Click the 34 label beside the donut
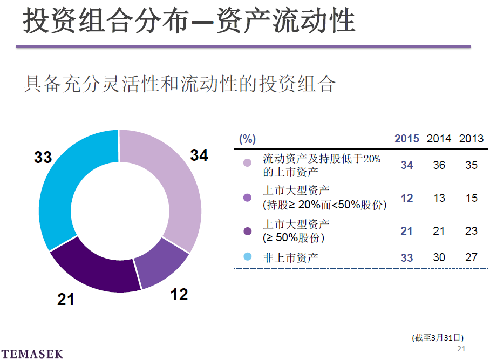pyautogui.click(x=199, y=155)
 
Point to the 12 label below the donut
pyautogui.click(x=179, y=295)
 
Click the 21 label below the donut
pyautogui.click(x=66, y=299)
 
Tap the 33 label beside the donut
pyautogui.click(x=43, y=158)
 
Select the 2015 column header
pyautogui.click(x=406, y=139)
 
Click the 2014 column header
pyautogui.click(x=439, y=139)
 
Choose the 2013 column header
pyautogui.click(x=471, y=139)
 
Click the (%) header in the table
pyautogui.click(x=247, y=139)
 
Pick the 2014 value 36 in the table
pyautogui.click(x=439, y=165)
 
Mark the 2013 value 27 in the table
pyautogui.click(x=471, y=257)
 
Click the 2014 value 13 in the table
pyautogui.click(x=439, y=198)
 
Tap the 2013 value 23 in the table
pyautogui.click(x=471, y=231)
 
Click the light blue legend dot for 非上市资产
pyautogui.click(x=248, y=257)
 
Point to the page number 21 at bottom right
pyautogui.click(x=461, y=349)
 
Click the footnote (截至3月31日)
pyautogui.click(x=437, y=338)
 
